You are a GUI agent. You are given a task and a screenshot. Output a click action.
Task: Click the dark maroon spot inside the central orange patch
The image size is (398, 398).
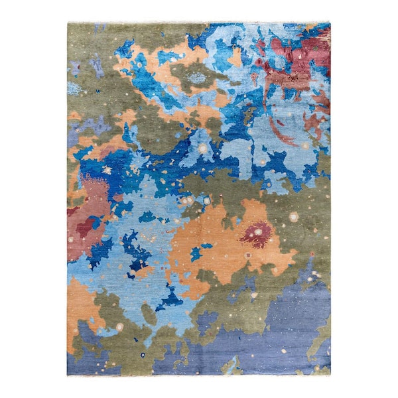click(256, 233)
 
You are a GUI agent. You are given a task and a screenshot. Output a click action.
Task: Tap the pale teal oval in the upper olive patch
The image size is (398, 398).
click(197, 78)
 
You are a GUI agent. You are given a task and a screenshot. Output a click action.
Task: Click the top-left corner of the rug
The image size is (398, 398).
click(68, 23)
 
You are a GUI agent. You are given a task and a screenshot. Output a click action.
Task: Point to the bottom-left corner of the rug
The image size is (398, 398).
click(68, 375)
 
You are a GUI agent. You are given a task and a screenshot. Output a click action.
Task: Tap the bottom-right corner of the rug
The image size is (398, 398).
click(330, 374)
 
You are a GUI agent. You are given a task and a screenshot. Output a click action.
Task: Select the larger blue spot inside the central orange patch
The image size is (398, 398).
click(196, 253)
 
